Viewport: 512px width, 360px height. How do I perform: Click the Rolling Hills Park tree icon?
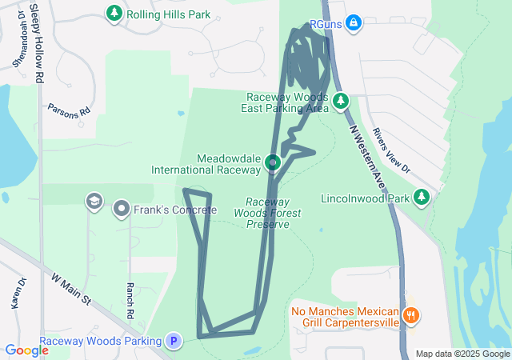tap(114, 14)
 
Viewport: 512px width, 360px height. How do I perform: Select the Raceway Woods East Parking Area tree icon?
tap(342, 101)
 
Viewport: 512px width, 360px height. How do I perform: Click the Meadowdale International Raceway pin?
tap(273, 163)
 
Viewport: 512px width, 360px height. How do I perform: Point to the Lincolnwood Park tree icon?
tap(422, 198)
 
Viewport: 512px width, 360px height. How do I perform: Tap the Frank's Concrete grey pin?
tap(122, 210)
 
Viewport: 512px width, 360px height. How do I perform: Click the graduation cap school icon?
tap(94, 201)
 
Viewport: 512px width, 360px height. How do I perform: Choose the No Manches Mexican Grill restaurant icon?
tap(411, 314)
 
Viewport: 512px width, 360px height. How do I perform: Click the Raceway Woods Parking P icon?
tap(173, 341)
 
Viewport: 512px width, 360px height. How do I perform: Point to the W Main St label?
tap(72, 290)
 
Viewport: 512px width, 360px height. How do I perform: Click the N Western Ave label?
tap(369, 156)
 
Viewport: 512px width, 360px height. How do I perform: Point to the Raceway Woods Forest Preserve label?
tap(267, 213)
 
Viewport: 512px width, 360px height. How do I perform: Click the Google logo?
tap(26, 350)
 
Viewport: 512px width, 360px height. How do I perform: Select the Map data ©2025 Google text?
tap(462, 354)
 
